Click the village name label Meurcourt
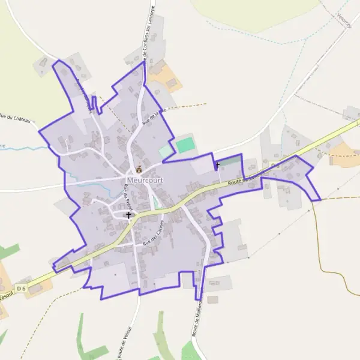(x=141, y=179)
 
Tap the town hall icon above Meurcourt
(x=139, y=169)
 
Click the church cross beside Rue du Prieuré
(x=128, y=214)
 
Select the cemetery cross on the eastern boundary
(x=217, y=164)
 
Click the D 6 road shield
(x=22, y=289)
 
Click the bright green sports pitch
(x=186, y=145)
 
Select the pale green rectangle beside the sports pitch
(x=165, y=152)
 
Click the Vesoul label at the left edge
(x=5, y=296)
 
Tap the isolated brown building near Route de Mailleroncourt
(x=212, y=299)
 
